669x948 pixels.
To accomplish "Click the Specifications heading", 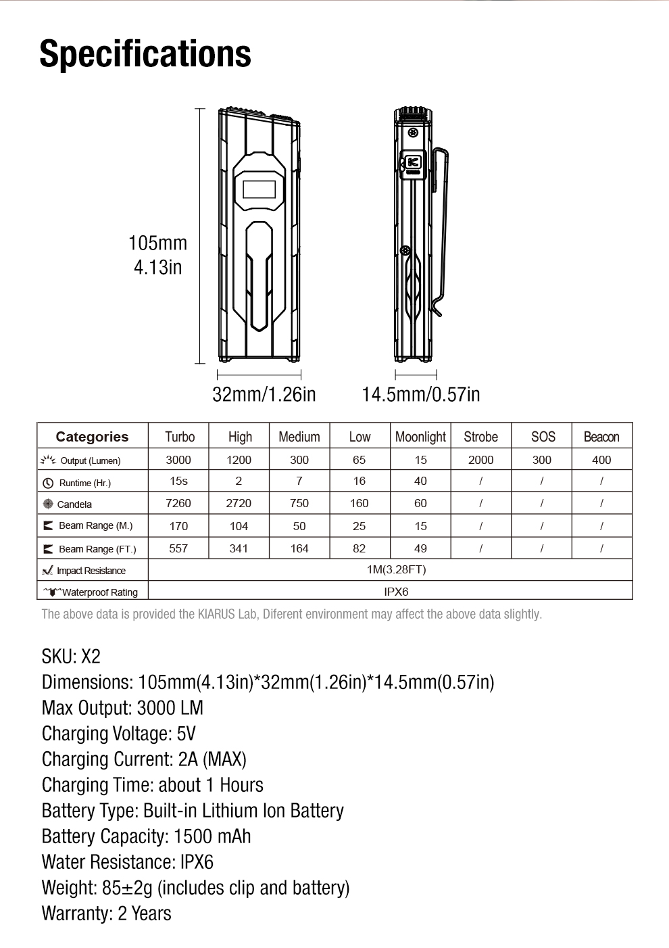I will pos(145,54).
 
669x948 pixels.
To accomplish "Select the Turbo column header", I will pos(179,437).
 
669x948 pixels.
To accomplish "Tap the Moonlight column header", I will pos(420,437).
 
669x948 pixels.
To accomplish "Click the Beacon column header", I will pos(601,437).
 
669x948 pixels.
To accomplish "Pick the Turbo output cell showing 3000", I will pos(178,460).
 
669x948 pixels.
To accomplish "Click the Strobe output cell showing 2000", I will pos(480,460).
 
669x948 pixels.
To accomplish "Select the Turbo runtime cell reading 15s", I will pos(178,481).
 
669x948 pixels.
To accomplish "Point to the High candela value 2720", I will pos(239,503).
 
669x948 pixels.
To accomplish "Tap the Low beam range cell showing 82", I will pos(360,548).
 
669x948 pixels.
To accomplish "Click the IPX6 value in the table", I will pos(396,592).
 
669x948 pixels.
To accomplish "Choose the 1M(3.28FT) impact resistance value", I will pos(396,569).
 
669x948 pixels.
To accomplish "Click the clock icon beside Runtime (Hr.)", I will pos(48,483).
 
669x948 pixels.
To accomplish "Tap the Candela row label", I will pos(74,504).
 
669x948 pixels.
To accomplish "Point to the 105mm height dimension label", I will pos(157,243).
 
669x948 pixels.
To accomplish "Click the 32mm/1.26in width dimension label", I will pos(264,394).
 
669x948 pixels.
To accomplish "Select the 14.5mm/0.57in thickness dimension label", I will pos(420,394).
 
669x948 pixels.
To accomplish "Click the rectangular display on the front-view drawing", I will pos(259,189).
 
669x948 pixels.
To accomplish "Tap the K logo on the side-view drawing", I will pos(413,162).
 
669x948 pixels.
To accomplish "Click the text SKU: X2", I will pos(71,657).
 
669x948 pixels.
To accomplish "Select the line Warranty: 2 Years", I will pos(107,914).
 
